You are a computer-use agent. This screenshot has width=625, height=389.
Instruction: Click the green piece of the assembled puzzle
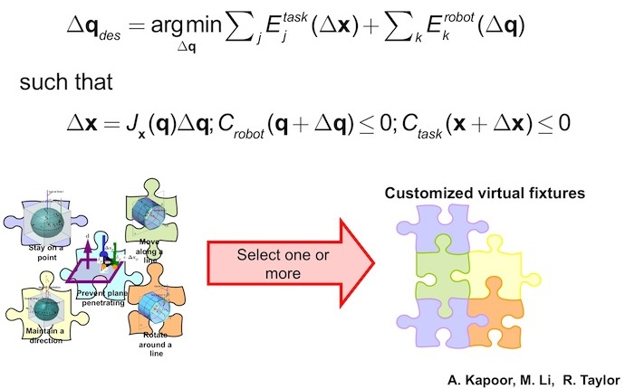tap(443, 271)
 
